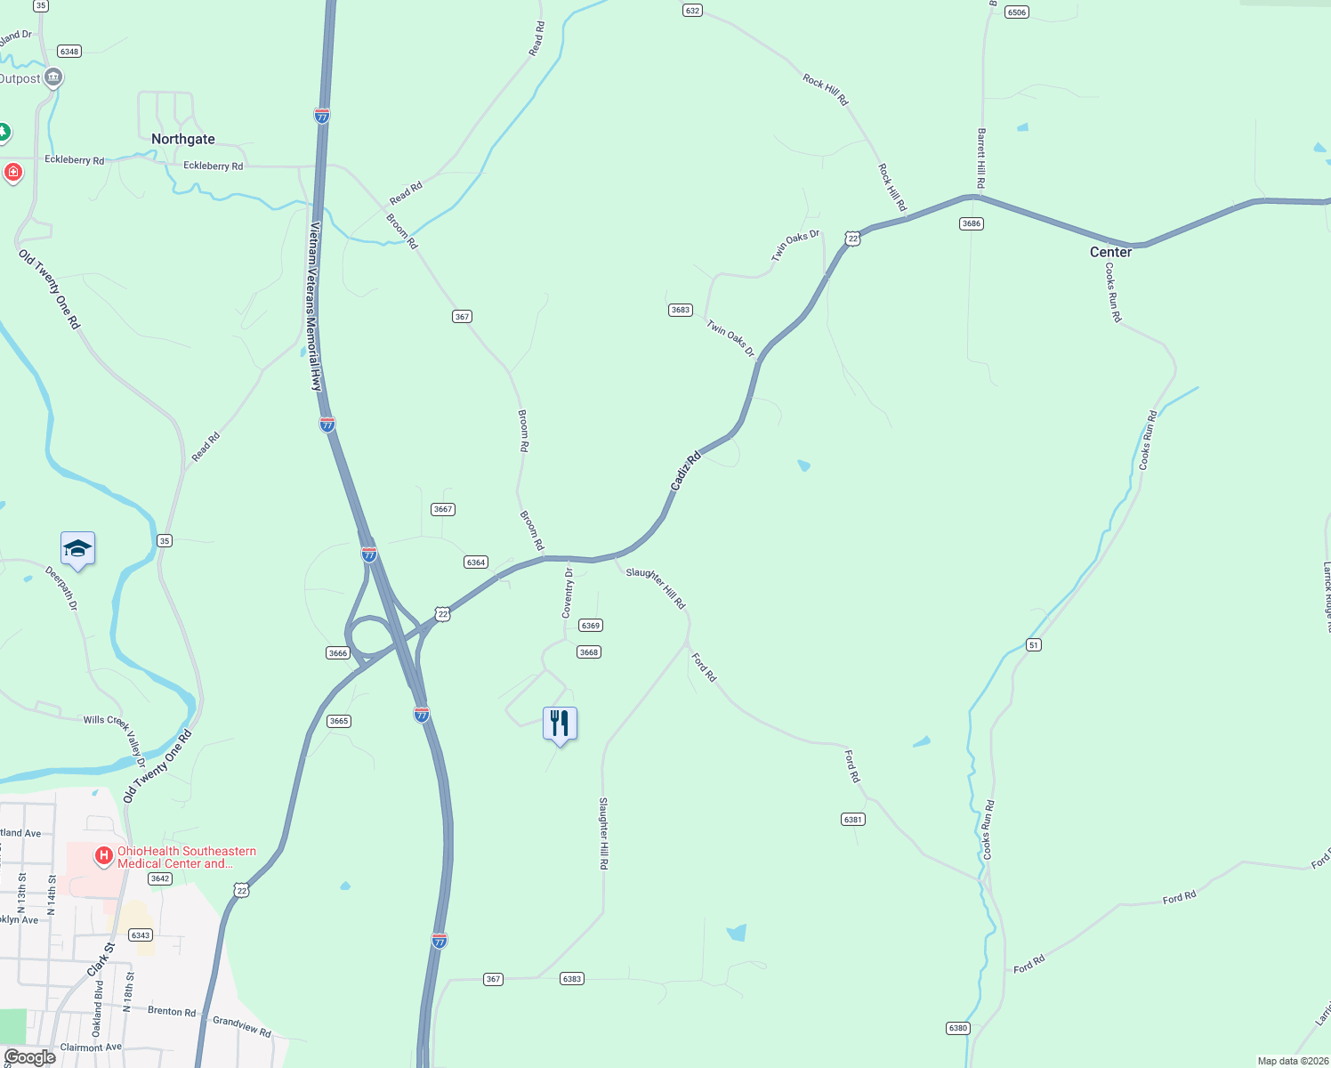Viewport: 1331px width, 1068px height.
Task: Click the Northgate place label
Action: (183, 139)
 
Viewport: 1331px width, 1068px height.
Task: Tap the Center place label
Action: (1110, 252)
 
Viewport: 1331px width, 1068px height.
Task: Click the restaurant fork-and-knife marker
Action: (560, 723)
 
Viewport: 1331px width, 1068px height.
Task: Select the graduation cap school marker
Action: (77, 549)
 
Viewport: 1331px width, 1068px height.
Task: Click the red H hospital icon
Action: (104, 856)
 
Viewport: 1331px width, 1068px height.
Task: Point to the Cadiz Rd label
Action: (686, 471)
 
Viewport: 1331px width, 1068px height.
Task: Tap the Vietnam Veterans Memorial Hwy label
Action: (313, 307)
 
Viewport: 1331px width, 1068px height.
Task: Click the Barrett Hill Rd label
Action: (981, 158)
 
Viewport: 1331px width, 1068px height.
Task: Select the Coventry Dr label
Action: (568, 594)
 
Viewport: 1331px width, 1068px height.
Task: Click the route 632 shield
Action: (692, 11)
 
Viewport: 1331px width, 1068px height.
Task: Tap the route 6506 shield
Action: (1016, 12)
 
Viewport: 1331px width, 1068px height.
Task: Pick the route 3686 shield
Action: (971, 223)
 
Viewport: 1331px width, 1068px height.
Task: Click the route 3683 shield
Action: (680, 310)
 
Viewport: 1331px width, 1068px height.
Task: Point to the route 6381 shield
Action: (852, 819)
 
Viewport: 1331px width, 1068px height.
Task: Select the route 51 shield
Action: (1033, 644)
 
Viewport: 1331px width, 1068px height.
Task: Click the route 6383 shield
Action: (571, 979)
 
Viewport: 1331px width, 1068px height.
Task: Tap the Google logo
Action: (29, 1056)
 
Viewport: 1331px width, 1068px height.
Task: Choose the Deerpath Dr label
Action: (62, 588)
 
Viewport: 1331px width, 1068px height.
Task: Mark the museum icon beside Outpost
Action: (52, 78)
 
